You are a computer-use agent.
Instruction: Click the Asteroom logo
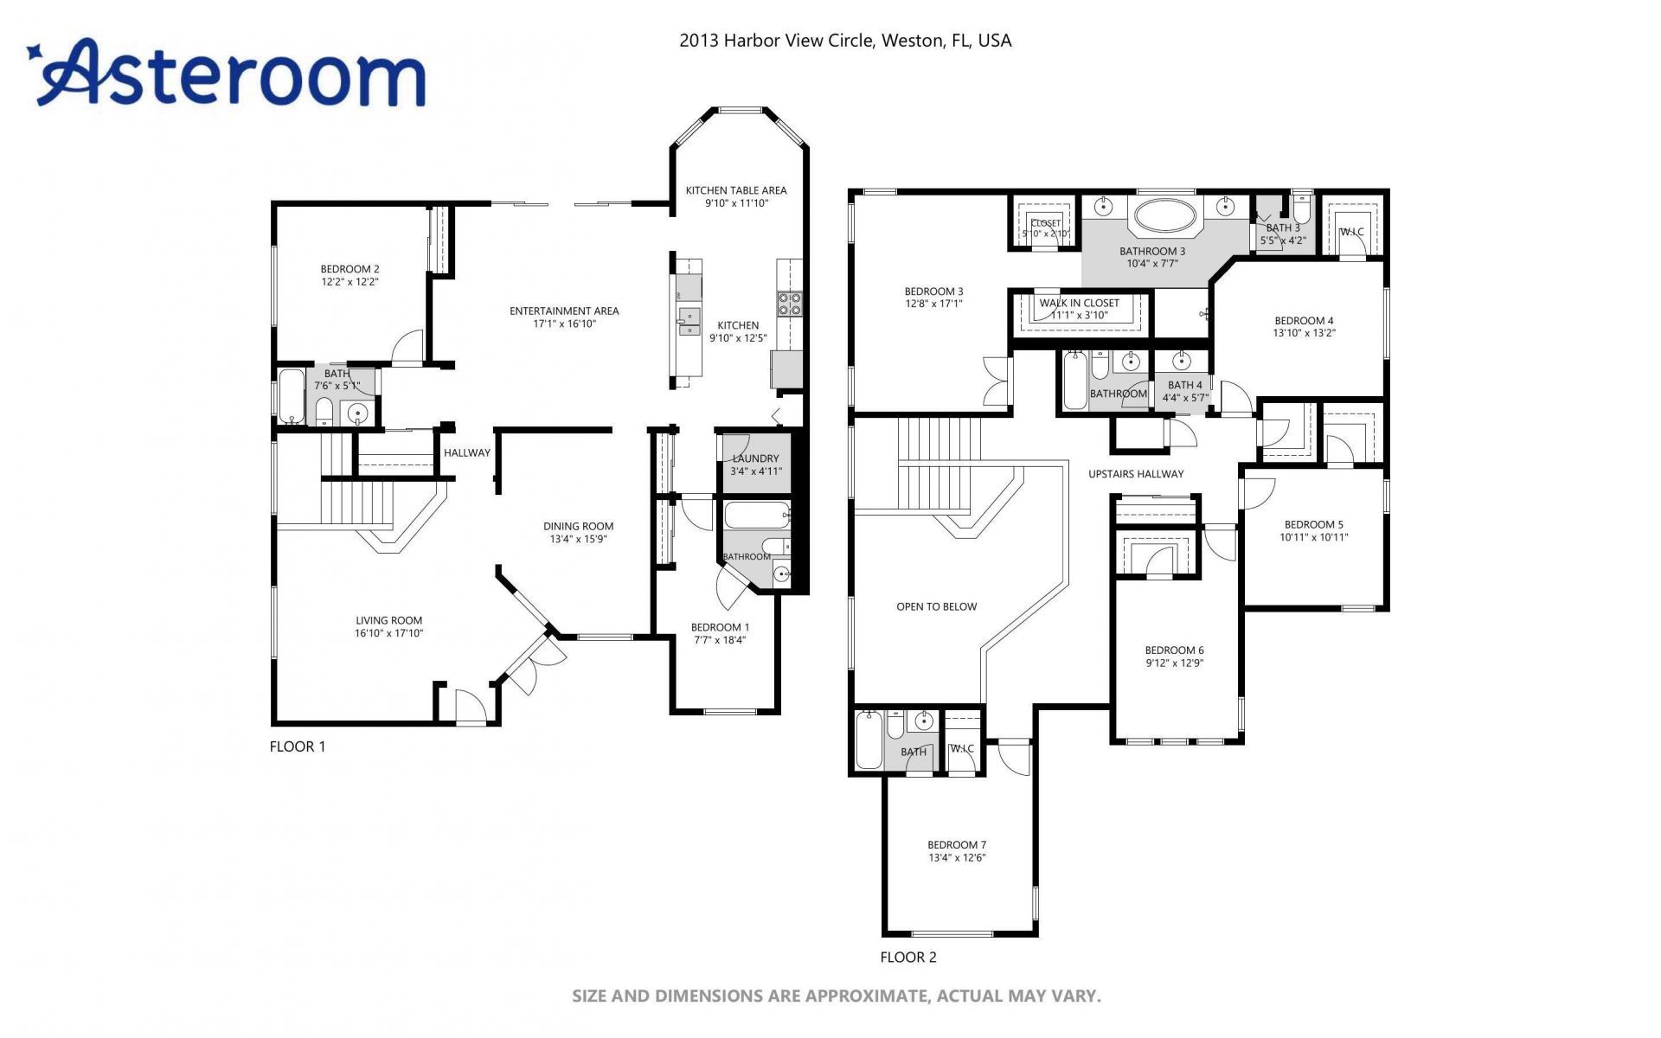[x=229, y=74]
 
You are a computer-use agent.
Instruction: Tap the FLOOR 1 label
[x=298, y=746]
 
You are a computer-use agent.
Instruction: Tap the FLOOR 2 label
[x=908, y=957]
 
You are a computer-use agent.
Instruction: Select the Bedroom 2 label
[x=350, y=269]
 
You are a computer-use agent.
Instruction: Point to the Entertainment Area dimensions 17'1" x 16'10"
[x=564, y=324]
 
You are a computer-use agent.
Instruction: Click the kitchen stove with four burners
[x=789, y=303]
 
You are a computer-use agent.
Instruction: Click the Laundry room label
[x=755, y=458]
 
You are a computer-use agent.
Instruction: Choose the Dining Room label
[x=578, y=526]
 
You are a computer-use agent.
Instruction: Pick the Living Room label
[x=388, y=620]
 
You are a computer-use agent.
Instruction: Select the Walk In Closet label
[x=1079, y=303]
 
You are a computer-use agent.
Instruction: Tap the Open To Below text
[x=936, y=606]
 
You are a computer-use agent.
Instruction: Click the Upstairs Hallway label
[x=1136, y=473]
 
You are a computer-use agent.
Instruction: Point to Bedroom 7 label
[x=957, y=845]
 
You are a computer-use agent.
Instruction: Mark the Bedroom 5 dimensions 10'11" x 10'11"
[x=1313, y=537]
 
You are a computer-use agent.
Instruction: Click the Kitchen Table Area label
[x=736, y=190]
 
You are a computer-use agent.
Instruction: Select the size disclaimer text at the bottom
[x=836, y=996]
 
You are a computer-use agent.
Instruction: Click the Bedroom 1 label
[x=720, y=627]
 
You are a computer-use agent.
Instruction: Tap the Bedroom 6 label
[x=1174, y=650]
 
